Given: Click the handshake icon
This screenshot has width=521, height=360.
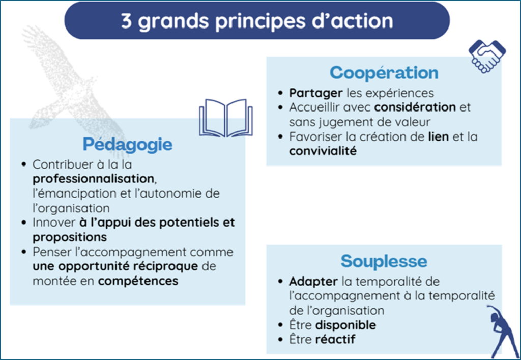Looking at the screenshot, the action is [x=487, y=56].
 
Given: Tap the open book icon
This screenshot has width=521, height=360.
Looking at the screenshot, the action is [x=226, y=118].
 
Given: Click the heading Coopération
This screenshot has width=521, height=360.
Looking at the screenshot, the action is [x=384, y=73].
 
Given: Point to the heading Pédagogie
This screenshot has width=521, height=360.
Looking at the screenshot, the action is [x=128, y=145].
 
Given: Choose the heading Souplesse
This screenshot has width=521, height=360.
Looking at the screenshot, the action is [x=384, y=261].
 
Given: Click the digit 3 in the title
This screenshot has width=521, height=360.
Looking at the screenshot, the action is [x=126, y=21].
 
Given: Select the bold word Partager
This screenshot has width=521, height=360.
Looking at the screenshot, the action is [x=315, y=93].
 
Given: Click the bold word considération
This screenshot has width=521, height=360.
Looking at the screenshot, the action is [x=415, y=107].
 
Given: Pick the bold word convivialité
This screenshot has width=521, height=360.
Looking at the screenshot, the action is [x=323, y=151].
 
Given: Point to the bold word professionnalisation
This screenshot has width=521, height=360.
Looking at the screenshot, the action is [x=94, y=179].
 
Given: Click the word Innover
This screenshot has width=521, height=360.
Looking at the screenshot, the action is [x=54, y=223].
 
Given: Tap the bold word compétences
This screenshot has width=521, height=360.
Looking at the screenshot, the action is [x=138, y=282].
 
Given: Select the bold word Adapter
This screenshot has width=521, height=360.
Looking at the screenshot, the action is [x=313, y=282].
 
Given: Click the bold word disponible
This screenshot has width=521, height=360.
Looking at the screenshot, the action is [x=345, y=325].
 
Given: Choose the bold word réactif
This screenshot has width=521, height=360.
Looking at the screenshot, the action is [x=335, y=340].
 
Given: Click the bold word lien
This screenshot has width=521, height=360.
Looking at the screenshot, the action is [x=438, y=136].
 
